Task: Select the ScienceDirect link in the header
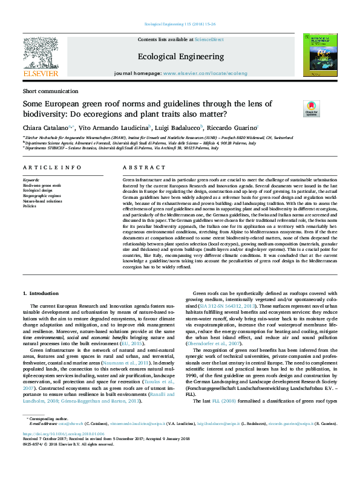click(209, 39)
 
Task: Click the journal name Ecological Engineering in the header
click(180, 56)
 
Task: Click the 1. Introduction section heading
click(41, 293)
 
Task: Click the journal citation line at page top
click(180, 24)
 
